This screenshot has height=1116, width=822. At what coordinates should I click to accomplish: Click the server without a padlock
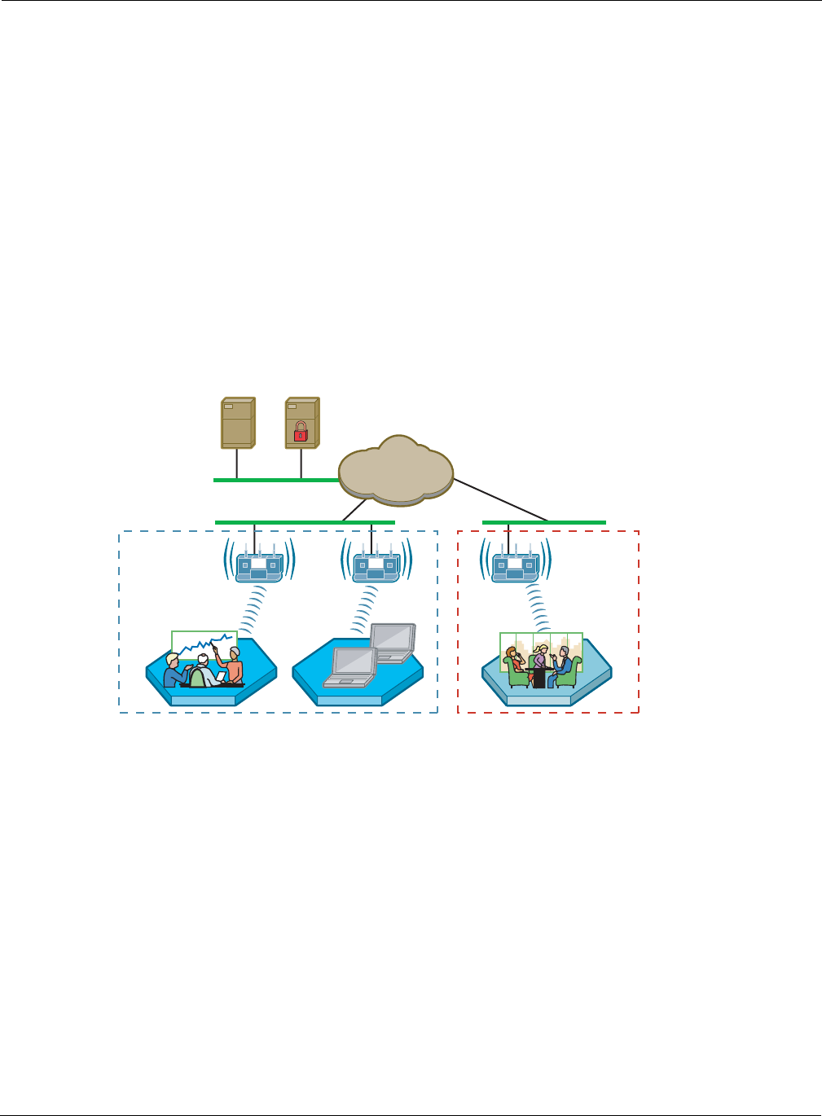coord(238,423)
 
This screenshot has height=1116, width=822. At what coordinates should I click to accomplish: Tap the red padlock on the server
coord(301,431)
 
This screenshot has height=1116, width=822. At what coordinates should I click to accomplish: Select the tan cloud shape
coord(396,470)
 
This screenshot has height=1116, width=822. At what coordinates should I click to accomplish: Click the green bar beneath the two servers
coord(275,481)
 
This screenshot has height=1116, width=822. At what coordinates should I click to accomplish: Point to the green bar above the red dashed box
coord(543,522)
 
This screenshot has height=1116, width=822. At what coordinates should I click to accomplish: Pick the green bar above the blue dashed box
coord(305,522)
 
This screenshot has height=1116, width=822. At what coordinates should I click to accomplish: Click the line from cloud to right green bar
coord(500,499)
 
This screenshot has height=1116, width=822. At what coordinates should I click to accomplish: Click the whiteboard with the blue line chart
coord(204,644)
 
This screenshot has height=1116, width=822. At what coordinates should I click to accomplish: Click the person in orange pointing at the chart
coord(234,666)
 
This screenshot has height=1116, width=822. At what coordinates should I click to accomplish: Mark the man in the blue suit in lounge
coord(561,666)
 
